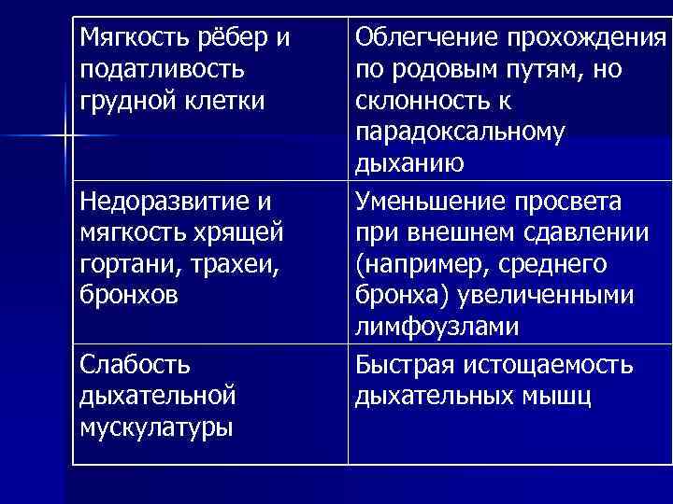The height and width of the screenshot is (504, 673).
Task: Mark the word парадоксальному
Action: (x=459, y=132)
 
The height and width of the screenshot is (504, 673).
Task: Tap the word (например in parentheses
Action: (x=416, y=264)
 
